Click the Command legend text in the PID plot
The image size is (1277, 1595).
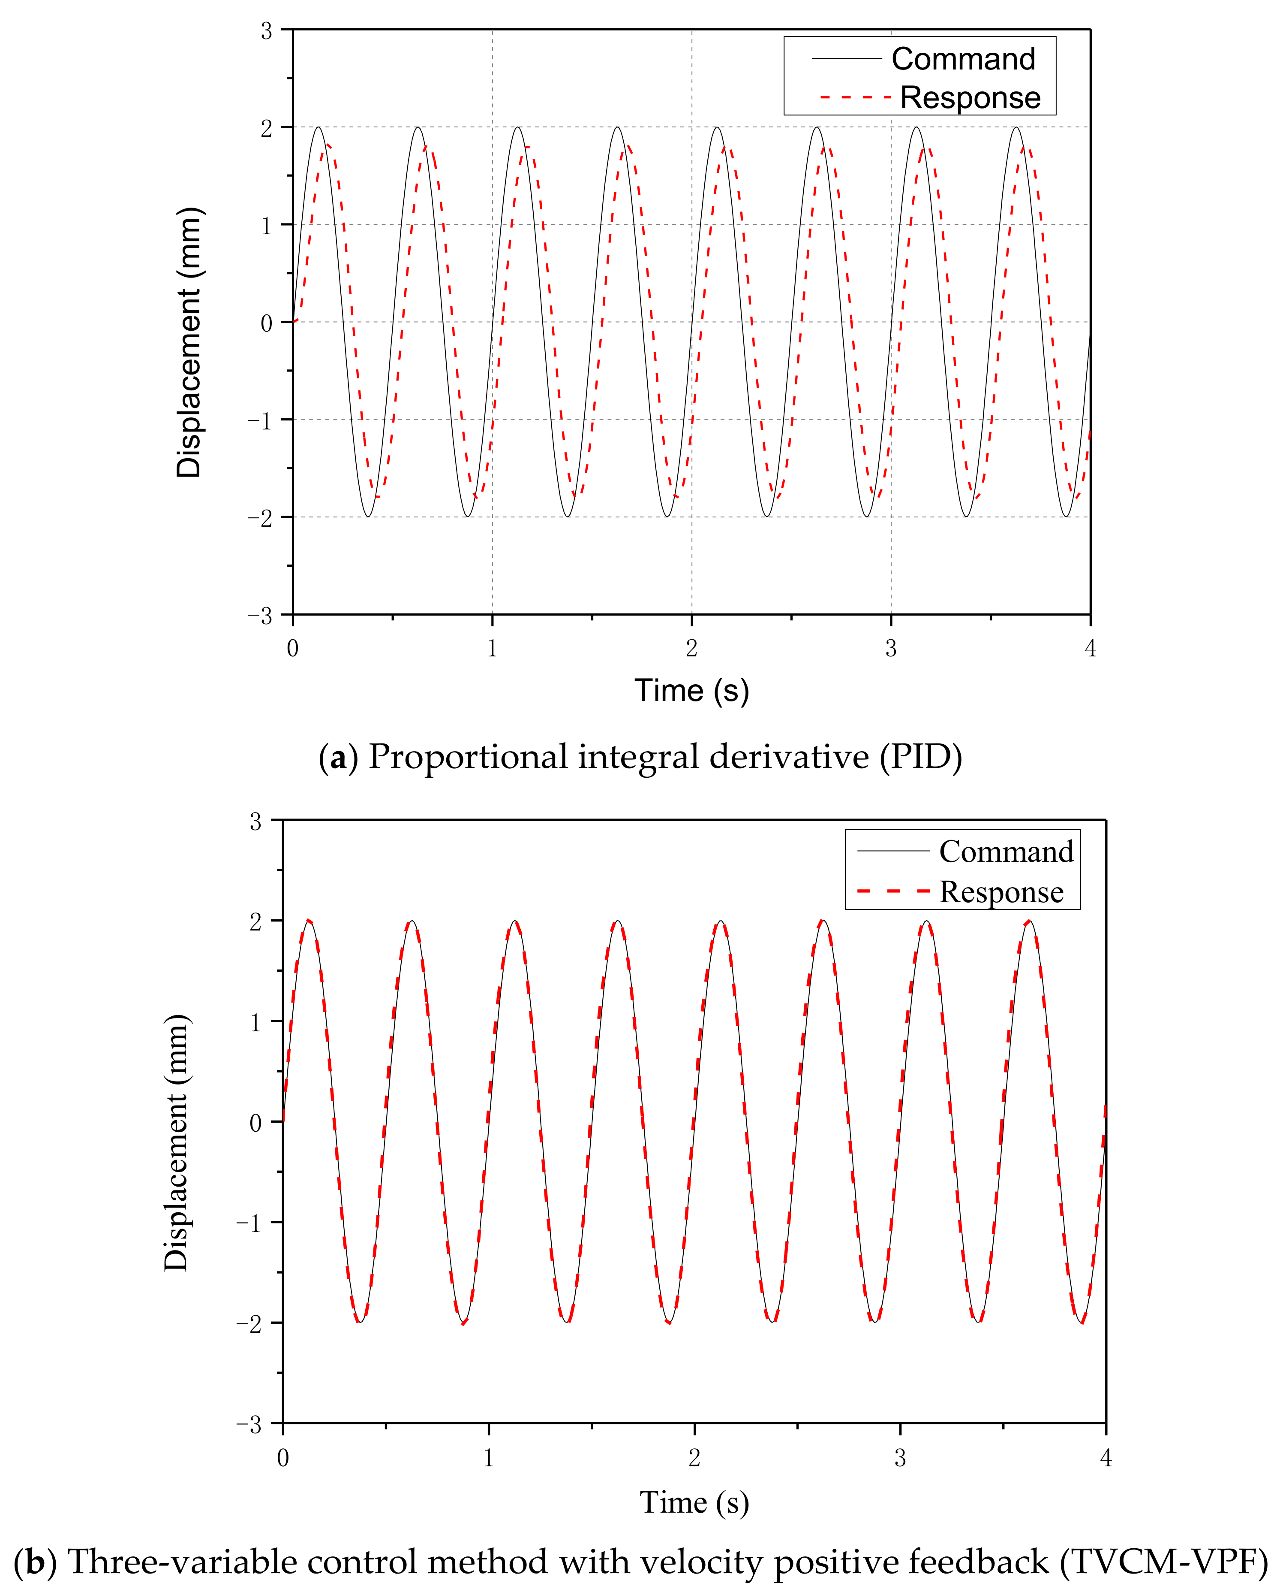[x=963, y=59]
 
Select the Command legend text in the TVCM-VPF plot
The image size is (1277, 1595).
[x=1006, y=852]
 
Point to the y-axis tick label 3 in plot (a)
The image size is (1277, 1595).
[x=266, y=31]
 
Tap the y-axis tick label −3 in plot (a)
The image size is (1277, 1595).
[x=260, y=616]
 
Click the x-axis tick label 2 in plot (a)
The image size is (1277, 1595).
[x=691, y=649]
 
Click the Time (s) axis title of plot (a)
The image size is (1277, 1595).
[x=691, y=690]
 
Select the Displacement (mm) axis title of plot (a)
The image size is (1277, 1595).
[x=189, y=342]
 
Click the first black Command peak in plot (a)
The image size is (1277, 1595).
[x=318, y=128]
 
